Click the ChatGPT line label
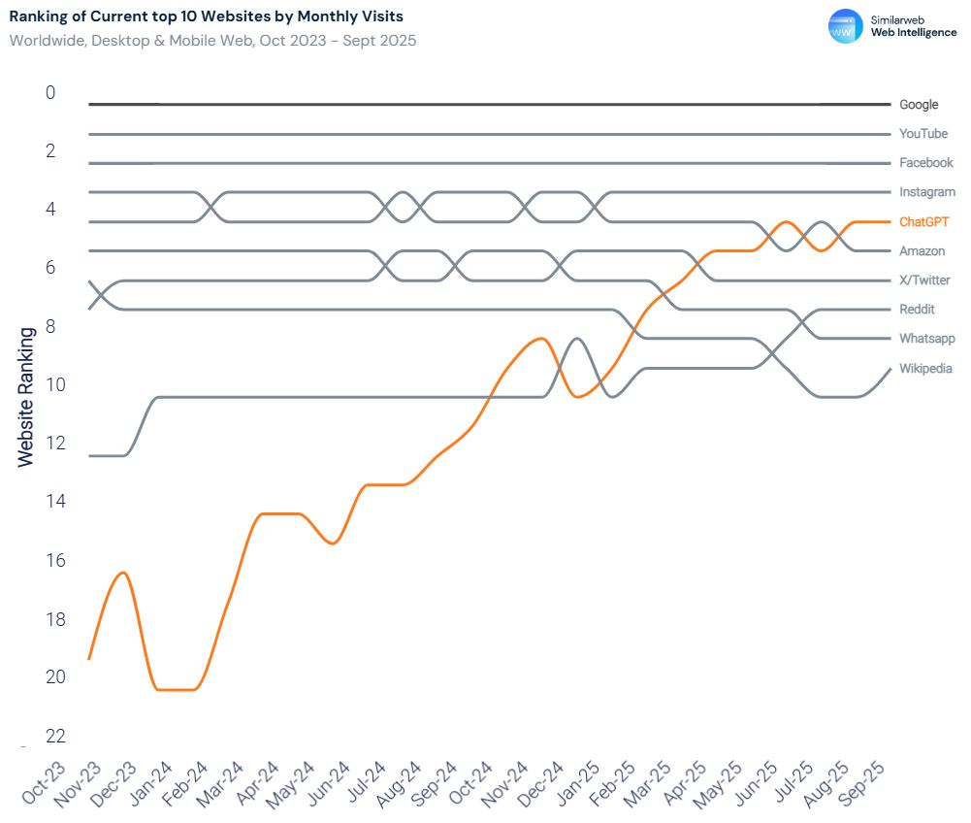923,221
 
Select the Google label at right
919,104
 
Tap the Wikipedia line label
925,368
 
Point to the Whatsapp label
926,339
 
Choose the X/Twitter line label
924,280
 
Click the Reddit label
917,310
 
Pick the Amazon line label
922,251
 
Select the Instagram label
926,192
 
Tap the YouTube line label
922,133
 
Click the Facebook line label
925,163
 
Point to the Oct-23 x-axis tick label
46,782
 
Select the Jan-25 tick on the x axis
579,782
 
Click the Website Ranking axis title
26,396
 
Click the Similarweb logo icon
845,26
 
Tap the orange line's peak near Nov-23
123,573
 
